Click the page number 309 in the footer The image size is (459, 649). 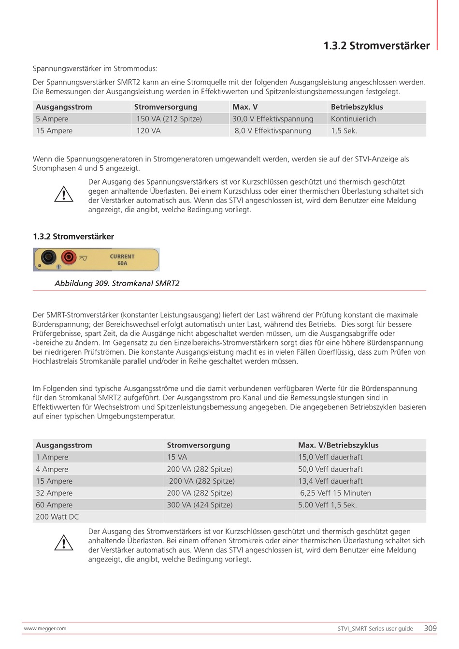click(430, 628)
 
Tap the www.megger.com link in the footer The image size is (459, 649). click(45, 629)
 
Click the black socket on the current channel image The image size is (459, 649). click(48, 257)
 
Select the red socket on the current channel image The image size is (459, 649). click(69, 257)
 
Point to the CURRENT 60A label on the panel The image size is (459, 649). click(122, 260)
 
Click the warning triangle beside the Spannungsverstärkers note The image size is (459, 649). click(63, 195)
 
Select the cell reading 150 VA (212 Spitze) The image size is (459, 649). click(169, 119)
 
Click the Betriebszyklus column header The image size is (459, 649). click(357, 107)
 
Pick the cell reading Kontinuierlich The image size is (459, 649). click(353, 119)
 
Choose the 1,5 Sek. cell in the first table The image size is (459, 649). click(344, 130)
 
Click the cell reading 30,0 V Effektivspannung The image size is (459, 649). click(273, 119)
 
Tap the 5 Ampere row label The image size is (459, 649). click(52, 119)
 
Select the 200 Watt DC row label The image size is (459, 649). click(57, 517)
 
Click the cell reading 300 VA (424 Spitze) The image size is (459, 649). click(200, 505)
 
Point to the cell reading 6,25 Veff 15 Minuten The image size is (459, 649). click(336, 493)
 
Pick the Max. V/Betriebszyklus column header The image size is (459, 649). click(338, 445)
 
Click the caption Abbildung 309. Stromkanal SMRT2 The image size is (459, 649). click(117, 283)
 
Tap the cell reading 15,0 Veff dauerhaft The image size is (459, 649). click(330, 457)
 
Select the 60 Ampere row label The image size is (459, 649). click(54, 505)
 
